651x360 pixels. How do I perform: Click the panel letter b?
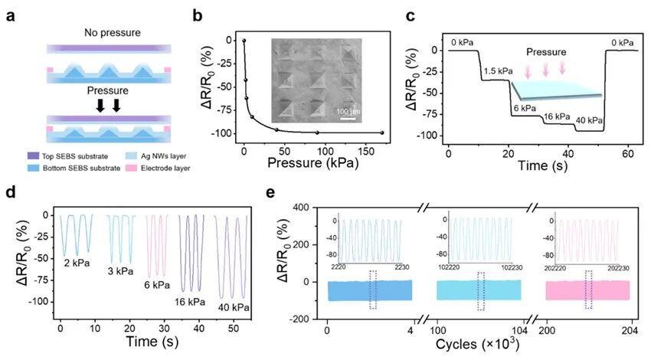(198, 15)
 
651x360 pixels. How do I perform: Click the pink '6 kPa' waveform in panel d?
(156, 245)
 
